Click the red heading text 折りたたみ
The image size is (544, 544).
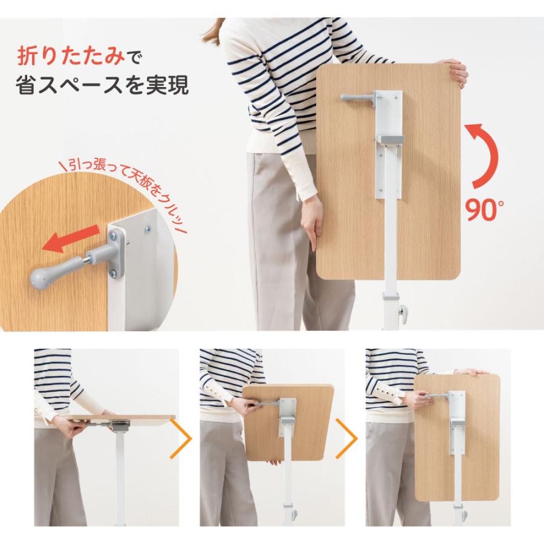(71, 56)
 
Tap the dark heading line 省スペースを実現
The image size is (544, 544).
(102, 85)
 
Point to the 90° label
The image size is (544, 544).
(484, 209)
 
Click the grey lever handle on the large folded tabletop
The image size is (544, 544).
(357, 97)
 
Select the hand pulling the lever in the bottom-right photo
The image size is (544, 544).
(419, 399)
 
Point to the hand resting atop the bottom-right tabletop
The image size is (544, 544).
(473, 372)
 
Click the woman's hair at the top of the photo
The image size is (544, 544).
(212, 32)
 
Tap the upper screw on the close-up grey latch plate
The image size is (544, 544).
(114, 236)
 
